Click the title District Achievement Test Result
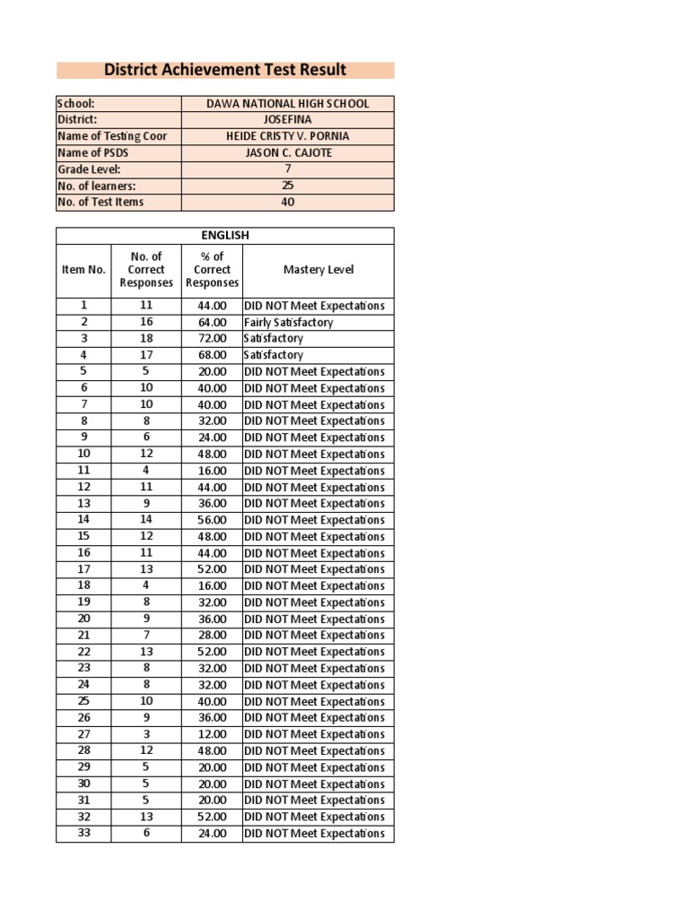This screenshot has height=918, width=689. coord(225,70)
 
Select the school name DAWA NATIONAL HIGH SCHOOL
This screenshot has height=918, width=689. coord(287,104)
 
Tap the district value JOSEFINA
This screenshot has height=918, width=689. coord(287,120)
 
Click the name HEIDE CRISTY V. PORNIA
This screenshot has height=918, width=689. coord(287,136)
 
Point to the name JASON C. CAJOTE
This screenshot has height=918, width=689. coord(287,152)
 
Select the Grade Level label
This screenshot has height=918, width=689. coord(89,169)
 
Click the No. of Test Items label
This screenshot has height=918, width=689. coord(100,202)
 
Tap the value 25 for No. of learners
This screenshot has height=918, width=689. coord(287,186)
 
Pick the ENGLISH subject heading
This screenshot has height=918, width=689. coord(224,236)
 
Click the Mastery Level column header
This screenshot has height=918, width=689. coord(318,270)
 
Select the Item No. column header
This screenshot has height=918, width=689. coord(83,270)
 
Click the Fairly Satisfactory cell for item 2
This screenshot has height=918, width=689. coord(288,322)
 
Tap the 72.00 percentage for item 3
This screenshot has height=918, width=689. coord(213,339)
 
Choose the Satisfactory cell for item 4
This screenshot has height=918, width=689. coord(274,355)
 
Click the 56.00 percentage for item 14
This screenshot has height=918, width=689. coord(213,520)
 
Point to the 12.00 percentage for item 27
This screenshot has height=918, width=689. coord(213,734)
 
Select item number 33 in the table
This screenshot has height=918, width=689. coord(83,833)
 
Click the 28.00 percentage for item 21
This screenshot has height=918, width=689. coord(213,636)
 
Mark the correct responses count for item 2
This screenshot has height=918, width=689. coord(146,322)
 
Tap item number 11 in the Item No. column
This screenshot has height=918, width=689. coord(83,471)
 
